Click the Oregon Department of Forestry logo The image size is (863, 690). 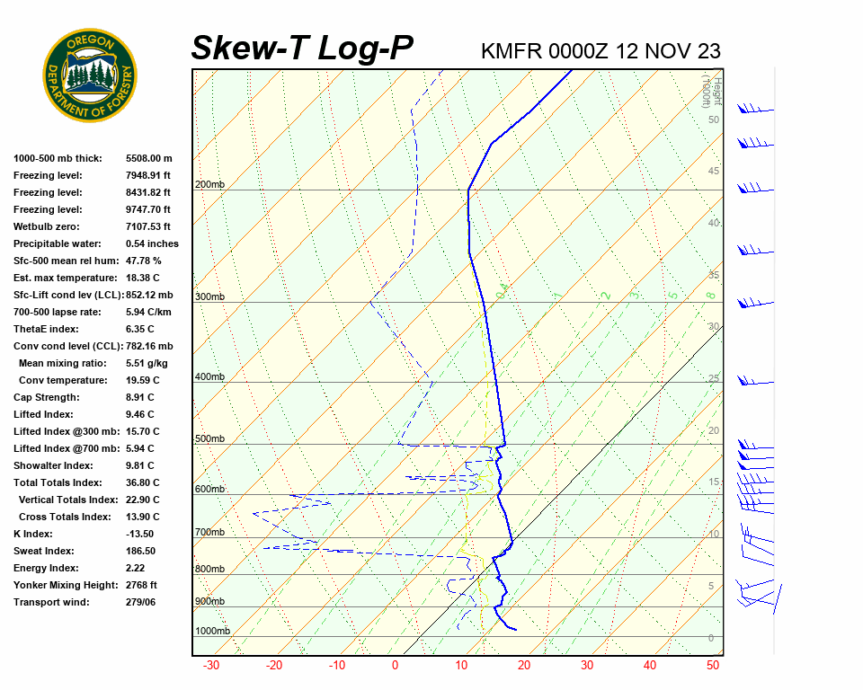pos(90,75)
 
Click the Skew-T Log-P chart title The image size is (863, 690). pos(303,49)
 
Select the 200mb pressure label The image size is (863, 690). pos(209,185)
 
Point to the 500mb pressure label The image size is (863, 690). pos(209,439)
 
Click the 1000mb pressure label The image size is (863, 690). pos(212,631)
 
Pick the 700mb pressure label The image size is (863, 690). pos(209,533)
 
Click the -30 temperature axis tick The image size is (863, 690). pos(211,666)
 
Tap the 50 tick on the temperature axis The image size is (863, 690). pos(713,666)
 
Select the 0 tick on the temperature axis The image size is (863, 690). pos(395,666)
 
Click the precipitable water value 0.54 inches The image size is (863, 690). pos(153,243)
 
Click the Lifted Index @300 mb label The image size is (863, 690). pos(67,431)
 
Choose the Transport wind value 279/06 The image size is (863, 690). pos(142,602)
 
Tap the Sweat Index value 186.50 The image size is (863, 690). pos(141,551)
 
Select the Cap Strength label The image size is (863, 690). pos(47,397)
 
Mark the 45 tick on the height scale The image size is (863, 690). pos(714,172)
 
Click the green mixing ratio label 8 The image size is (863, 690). pos(710,295)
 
